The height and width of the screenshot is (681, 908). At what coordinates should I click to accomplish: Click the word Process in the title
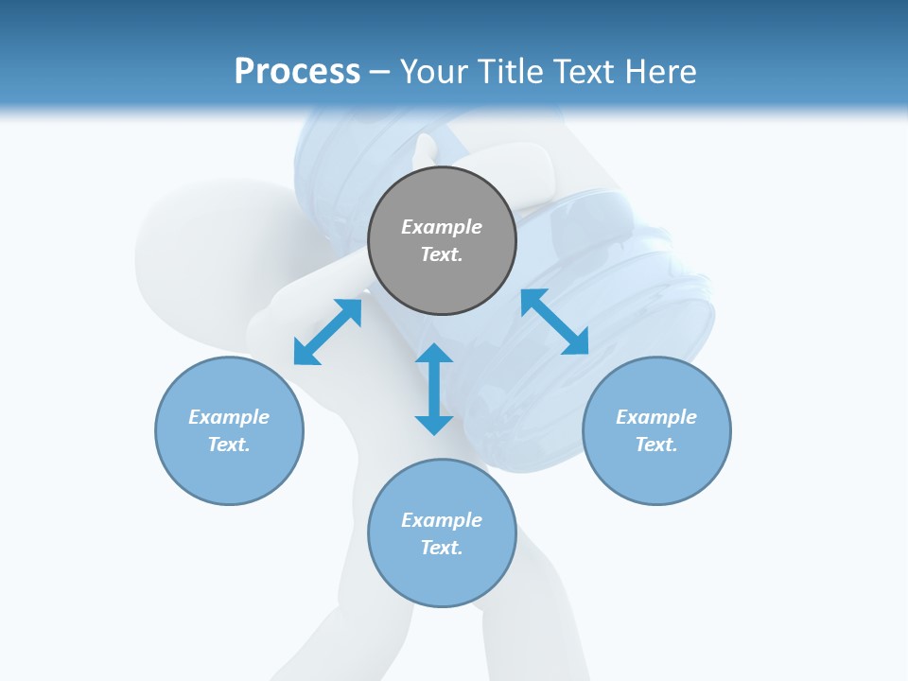click(x=297, y=72)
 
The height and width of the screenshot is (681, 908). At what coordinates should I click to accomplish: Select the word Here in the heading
click(x=660, y=72)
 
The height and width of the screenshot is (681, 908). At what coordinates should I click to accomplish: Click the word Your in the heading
click(x=433, y=72)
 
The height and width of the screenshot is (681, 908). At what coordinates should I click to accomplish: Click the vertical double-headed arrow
click(x=434, y=389)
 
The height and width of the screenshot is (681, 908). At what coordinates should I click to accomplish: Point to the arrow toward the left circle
click(x=327, y=331)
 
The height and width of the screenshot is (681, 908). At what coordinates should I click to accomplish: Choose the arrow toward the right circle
click(x=554, y=322)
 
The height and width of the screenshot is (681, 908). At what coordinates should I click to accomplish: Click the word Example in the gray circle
click(x=442, y=227)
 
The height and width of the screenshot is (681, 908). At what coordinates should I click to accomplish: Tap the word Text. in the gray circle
click(x=442, y=254)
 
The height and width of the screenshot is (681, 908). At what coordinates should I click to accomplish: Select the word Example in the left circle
click(x=229, y=417)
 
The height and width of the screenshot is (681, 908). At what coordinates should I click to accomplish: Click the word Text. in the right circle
click(x=656, y=445)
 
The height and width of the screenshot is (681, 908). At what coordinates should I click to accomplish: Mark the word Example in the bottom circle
click(x=442, y=520)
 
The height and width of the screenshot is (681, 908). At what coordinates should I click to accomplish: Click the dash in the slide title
click(x=380, y=72)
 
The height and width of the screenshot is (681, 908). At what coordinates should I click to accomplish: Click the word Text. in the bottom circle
click(x=442, y=548)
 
